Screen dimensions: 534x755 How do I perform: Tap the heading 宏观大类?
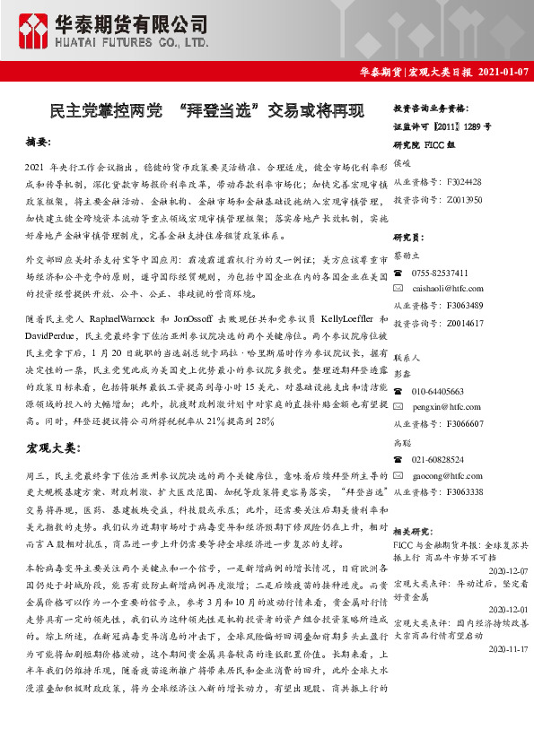tap(53, 446)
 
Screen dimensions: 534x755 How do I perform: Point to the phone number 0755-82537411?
tap(440, 272)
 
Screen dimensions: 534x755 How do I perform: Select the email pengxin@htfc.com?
tap(441, 406)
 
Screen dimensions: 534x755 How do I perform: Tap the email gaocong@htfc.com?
tap(442, 475)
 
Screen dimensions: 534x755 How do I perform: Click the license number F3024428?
tap(463, 181)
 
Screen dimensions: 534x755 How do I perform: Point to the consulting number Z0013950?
tap(463, 199)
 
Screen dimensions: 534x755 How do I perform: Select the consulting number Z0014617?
tap(463, 322)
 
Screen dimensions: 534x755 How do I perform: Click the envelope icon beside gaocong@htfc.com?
tap(398, 475)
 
